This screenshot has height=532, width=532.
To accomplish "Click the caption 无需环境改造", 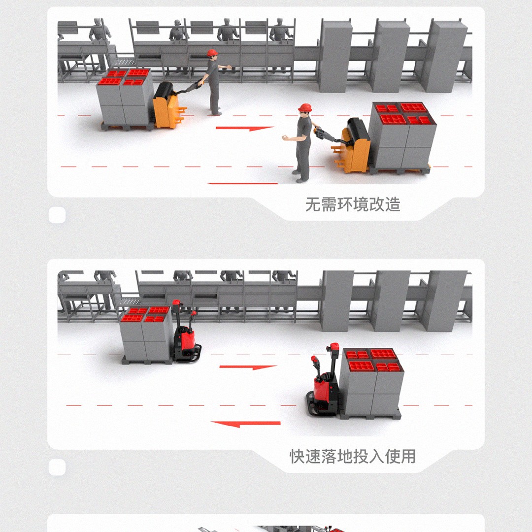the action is pyautogui.click(x=353, y=204).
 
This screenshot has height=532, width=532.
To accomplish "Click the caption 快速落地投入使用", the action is pyautogui.click(x=353, y=456).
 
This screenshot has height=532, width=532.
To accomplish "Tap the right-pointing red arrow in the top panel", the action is pyautogui.click(x=245, y=128).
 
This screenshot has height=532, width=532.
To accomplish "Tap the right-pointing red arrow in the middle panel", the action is pyautogui.click(x=248, y=367).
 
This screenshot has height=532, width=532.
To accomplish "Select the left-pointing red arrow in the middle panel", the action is pyautogui.click(x=246, y=424).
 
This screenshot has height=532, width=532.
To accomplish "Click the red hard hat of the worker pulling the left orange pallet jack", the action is pyautogui.click(x=212, y=53).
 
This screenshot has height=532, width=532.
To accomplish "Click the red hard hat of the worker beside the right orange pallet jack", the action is pyautogui.click(x=305, y=107).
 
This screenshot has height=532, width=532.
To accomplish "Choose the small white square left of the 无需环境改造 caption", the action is pyautogui.click(x=57, y=215).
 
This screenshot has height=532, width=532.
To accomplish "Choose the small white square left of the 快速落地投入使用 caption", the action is pyautogui.click(x=57, y=467).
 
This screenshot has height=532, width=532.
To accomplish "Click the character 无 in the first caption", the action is pyautogui.click(x=313, y=204).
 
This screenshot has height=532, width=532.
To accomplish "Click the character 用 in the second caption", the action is pyautogui.click(x=408, y=456).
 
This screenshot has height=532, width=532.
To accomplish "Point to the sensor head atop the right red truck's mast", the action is pyautogui.click(x=333, y=347).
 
